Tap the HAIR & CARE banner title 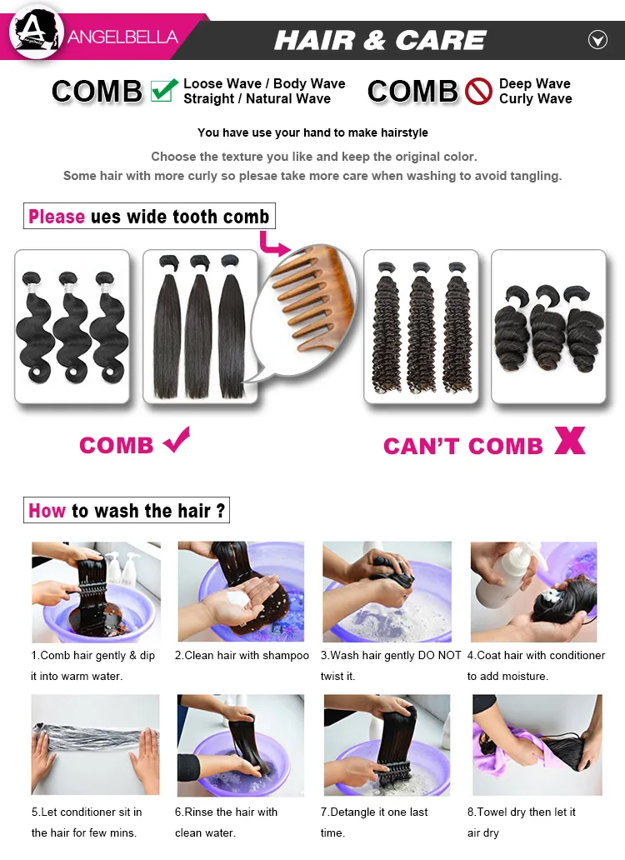380,39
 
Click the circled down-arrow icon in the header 597,39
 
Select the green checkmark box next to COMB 163,90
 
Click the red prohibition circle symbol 478,91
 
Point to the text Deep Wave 534,83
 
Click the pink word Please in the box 57,217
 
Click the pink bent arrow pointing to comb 272,243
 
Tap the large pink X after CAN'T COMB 570,441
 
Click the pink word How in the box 47,511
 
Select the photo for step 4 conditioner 533,592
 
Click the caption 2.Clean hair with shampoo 242,656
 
